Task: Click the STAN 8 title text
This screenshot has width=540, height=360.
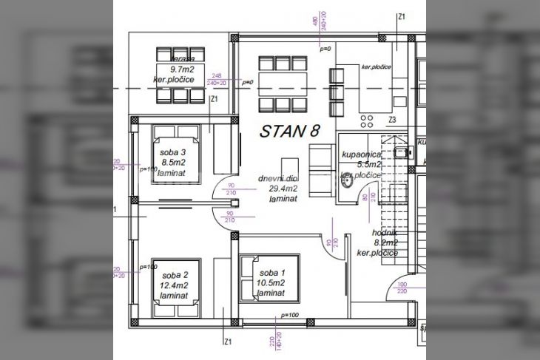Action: [x=290, y=132]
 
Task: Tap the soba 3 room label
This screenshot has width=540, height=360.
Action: [x=172, y=153]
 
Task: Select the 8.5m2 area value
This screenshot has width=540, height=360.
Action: [x=172, y=163]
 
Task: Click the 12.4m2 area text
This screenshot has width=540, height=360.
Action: [x=174, y=285]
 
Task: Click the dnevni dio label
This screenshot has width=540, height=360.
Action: [x=278, y=178]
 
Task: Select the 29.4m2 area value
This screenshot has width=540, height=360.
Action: [x=283, y=189]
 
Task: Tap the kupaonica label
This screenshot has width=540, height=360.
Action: [x=360, y=154]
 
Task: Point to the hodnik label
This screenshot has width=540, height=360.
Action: [x=385, y=232]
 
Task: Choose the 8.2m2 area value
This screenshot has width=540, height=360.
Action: [x=385, y=242]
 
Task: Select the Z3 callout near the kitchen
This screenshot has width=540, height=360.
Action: [x=393, y=120]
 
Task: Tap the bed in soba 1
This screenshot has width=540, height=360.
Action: [x=269, y=278]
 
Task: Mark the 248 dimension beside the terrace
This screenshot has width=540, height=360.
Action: [x=217, y=75]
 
